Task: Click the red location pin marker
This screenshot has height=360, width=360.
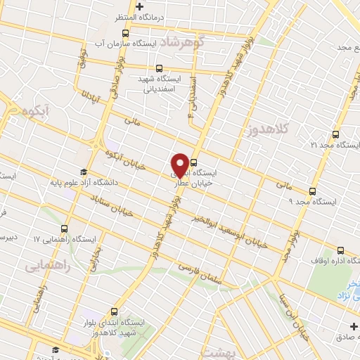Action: [x=180, y=165]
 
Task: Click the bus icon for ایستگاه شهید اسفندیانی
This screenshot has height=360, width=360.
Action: [x=160, y=69]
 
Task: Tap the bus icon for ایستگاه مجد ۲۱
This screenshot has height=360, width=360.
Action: [x=336, y=133]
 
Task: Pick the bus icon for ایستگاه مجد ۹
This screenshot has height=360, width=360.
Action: [x=313, y=191]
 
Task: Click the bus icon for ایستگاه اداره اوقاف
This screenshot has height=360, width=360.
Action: [x=340, y=250]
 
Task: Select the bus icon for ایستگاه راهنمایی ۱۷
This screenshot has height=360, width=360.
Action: [x=65, y=229]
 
